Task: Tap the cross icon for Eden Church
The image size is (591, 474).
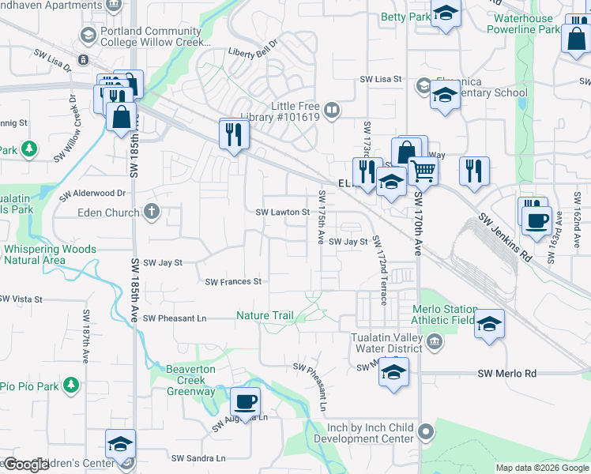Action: coord(151,212)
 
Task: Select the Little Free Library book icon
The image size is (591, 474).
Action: coord(333,111)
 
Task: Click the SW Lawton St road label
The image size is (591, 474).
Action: coord(283,213)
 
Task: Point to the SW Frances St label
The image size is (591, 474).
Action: coord(233,282)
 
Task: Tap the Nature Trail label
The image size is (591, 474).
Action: coord(265,316)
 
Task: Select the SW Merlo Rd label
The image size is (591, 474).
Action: coord(507,374)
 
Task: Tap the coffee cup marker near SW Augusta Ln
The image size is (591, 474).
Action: coord(245,401)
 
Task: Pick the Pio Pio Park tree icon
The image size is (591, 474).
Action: coord(71,385)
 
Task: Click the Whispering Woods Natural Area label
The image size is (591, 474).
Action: coord(50,254)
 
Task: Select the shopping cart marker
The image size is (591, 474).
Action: coord(423,169)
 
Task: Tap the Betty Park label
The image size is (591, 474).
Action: coord(406,17)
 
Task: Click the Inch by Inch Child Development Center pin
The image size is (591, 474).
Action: coord(427,432)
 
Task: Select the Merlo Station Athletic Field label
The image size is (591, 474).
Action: coord(444,315)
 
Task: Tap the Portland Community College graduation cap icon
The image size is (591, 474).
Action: coord(88,35)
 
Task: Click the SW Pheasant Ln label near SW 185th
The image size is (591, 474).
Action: coord(175,318)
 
